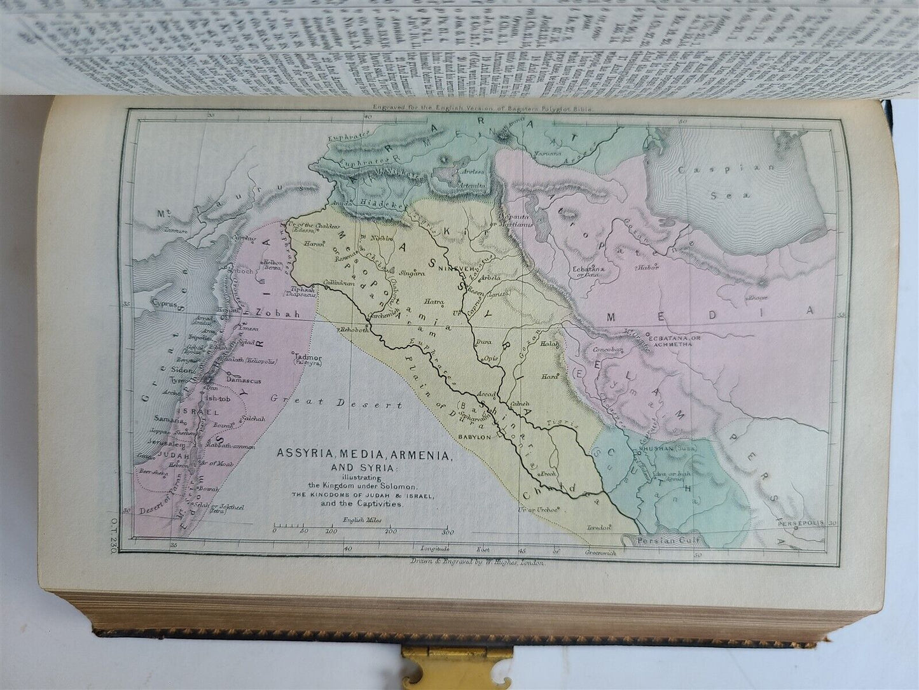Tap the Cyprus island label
point(162,304)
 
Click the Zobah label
point(273,313)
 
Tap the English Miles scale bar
point(361,528)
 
